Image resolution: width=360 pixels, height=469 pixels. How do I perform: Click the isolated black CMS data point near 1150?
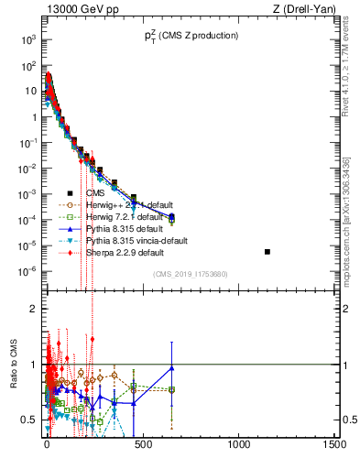267,252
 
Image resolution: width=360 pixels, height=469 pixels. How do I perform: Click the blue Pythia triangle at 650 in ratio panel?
172,368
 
